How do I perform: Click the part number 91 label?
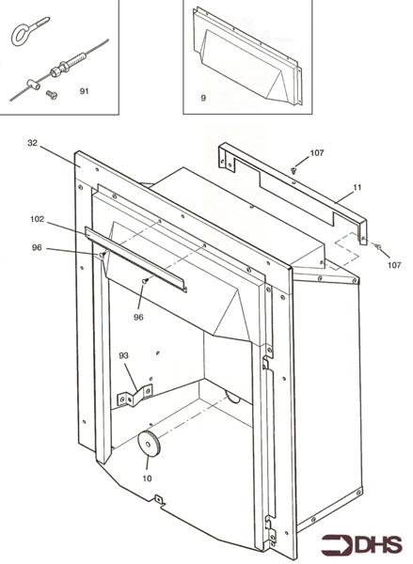pos(84,92)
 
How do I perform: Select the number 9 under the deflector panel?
pos(202,98)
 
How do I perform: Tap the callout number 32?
pos(33,143)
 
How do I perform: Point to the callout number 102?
pos(37,220)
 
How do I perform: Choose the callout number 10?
pos(146,478)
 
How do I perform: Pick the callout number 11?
pos(356,189)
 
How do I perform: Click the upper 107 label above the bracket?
pos(318,154)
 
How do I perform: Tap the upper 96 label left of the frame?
pos(37,249)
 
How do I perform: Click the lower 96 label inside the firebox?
pos(138,317)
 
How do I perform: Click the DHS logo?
pos(361,544)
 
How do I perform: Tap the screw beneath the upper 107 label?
pos(294,170)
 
